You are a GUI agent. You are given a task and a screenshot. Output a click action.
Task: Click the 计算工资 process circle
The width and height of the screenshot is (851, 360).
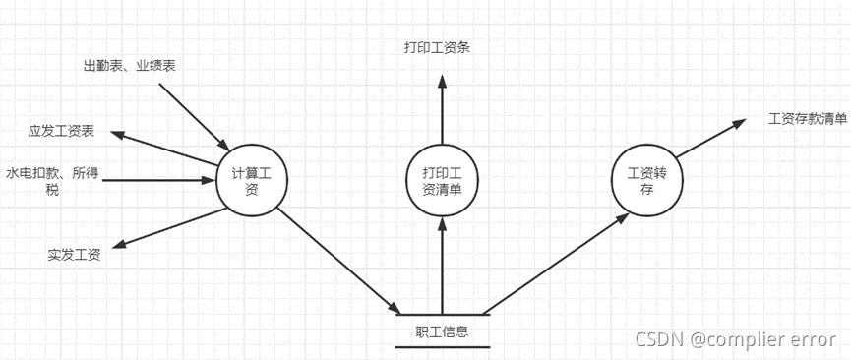(251, 179)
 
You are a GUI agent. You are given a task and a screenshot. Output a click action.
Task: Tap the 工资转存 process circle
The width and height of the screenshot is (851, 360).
(645, 179)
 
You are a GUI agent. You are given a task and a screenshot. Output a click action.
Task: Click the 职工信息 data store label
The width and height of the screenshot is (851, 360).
(442, 331)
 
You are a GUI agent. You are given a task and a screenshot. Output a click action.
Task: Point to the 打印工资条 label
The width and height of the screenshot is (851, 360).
(437, 47)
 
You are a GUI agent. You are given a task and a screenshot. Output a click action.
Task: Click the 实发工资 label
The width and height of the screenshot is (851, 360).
(74, 255)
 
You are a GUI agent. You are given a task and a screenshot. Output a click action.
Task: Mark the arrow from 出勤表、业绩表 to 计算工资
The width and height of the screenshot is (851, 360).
(192, 113)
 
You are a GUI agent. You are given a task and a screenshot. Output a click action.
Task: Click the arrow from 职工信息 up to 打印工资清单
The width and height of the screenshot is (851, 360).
(442, 266)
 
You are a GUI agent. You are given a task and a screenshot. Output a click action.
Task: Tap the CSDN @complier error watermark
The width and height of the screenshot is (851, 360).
(735, 341)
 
